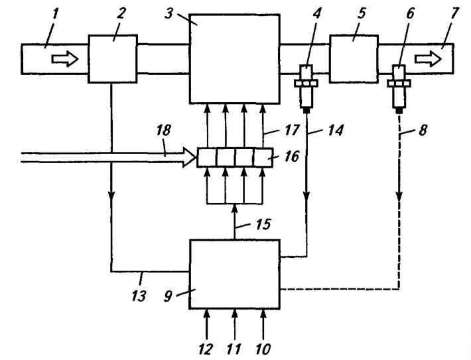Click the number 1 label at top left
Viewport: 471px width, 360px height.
pos(55,14)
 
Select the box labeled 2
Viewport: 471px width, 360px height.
pos(113,58)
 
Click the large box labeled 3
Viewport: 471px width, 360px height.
pos(235,59)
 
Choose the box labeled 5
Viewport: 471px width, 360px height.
pos(354,59)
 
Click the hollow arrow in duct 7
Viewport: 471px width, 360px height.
pos(428,59)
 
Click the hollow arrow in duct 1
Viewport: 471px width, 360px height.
pos(65,59)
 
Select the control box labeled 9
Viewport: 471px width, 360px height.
pos(235,274)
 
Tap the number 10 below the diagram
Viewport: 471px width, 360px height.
pos(263,349)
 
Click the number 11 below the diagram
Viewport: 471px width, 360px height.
pos(234,349)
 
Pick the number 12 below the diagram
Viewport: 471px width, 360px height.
pos(206,349)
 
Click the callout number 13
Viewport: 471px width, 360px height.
pos(139,296)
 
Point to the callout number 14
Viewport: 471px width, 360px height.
pos(336,131)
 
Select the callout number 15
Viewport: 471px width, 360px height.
pos(263,224)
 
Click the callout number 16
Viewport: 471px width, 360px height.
pos(292,156)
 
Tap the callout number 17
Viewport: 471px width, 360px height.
pos(292,131)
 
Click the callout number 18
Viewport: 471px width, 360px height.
pos(164,130)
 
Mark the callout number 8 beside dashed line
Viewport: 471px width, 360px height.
pos(423,131)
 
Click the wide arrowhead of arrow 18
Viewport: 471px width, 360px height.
pos(190,157)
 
